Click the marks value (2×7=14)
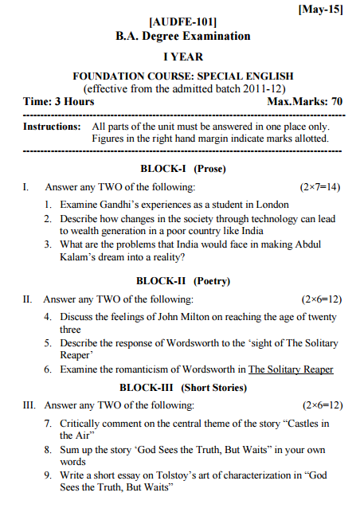tap(321, 187)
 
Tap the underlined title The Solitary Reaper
tap(291, 369)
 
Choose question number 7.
tap(48, 423)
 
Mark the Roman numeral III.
tap(28, 405)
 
